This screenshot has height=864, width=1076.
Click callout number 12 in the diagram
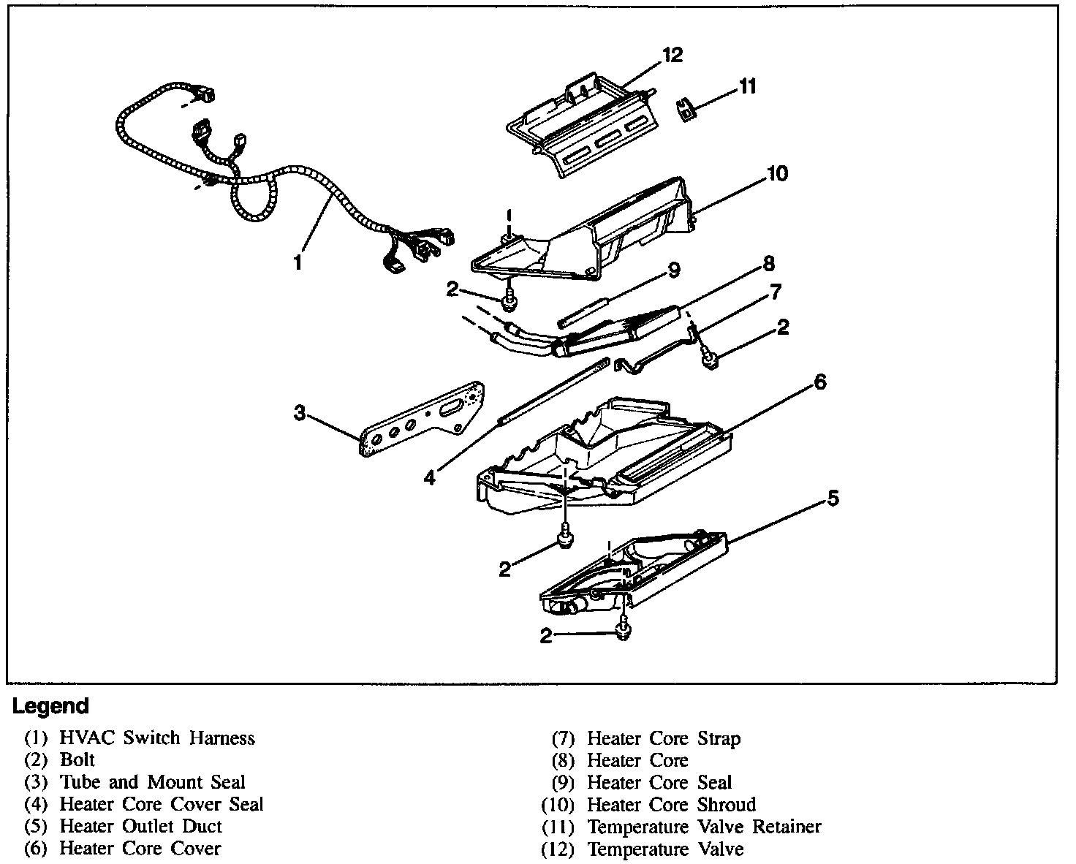coord(672,55)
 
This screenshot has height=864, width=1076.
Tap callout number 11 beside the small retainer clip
coord(747,86)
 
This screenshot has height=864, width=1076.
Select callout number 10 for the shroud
coord(777,173)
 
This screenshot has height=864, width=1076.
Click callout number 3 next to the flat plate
coord(299,413)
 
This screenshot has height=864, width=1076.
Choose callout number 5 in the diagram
coord(833,499)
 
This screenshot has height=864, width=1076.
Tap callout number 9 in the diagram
coord(673,270)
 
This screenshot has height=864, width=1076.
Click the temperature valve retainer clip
coord(685,110)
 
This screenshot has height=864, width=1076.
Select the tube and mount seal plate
coord(422,422)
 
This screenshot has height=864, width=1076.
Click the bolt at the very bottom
coord(622,629)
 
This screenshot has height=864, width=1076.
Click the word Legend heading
coord(50,706)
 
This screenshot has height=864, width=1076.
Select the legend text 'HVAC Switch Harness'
coord(156,738)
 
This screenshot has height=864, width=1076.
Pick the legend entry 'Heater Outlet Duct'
coord(140,826)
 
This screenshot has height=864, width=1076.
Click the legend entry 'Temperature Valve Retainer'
coord(704,827)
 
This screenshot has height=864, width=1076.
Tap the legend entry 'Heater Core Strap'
coord(664,738)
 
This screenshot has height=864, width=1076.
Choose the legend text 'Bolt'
coord(77,760)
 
